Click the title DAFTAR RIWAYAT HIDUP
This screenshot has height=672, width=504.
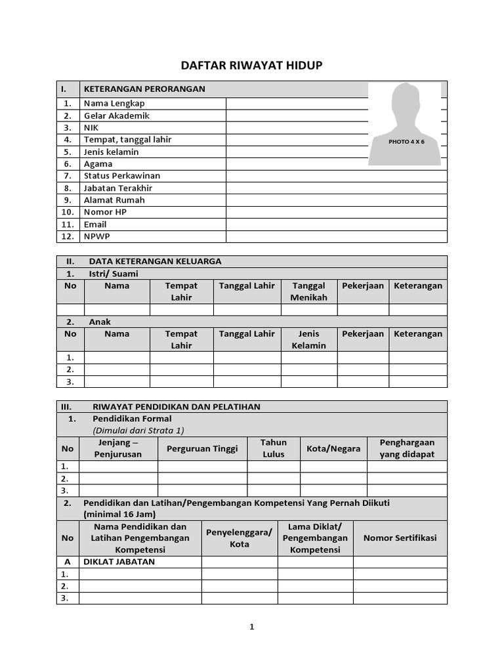(x=251, y=66)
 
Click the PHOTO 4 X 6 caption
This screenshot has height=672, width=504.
(x=406, y=142)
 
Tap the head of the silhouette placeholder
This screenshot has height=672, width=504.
(x=406, y=98)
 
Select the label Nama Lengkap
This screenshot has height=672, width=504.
(x=114, y=103)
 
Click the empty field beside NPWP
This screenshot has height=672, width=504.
(x=336, y=236)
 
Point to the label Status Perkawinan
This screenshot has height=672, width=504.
(x=122, y=176)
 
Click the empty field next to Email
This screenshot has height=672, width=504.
(x=336, y=224)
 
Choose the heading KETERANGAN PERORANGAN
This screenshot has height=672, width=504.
(x=144, y=89)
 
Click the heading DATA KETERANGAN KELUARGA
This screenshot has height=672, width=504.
(x=155, y=261)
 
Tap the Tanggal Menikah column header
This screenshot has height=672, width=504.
(x=308, y=291)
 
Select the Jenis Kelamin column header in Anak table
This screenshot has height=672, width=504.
(x=308, y=339)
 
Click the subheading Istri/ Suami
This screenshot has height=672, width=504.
(x=114, y=274)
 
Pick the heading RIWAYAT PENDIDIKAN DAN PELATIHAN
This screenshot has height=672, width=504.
(x=176, y=407)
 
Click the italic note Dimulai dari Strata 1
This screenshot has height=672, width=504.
(x=138, y=430)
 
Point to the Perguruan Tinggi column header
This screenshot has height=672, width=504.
(x=202, y=448)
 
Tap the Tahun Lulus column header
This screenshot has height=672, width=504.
(x=274, y=448)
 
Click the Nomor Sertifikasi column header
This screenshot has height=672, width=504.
(x=400, y=538)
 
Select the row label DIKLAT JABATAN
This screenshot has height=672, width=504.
(x=119, y=562)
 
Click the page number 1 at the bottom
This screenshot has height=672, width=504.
(x=251, y=627)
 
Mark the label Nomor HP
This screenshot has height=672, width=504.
(x=105, y=212)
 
